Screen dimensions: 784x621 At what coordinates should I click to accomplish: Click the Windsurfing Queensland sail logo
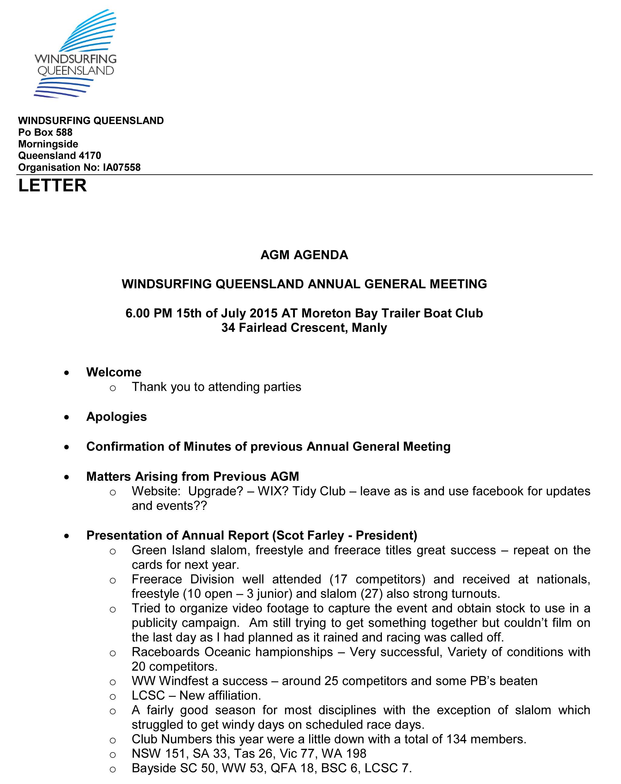[75, 53]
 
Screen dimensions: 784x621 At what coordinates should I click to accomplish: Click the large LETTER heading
[52, 185]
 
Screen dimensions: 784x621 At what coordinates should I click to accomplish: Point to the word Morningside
[48, 144]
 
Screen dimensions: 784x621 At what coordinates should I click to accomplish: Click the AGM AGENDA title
[304, 255]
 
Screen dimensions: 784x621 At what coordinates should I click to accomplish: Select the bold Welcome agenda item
[114, 372]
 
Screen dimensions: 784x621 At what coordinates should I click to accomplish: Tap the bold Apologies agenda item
[116, 416]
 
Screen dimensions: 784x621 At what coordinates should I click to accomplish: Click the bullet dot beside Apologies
[66, 417]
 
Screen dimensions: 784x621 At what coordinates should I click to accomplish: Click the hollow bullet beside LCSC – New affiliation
[113, 696]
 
